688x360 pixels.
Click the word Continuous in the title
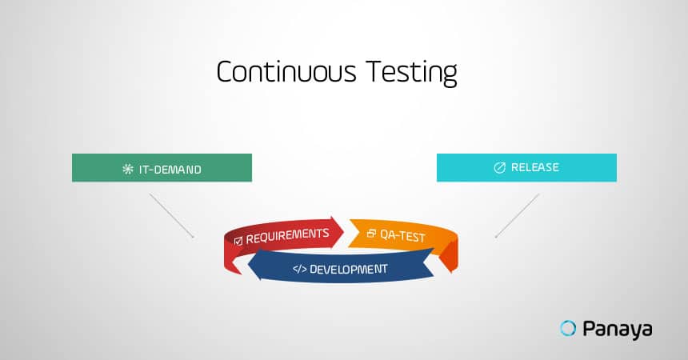pyautogui.click(x=286, y=71)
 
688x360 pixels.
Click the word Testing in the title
pyautogui.click(x=411, y=73)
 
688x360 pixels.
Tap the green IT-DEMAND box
pyautogui.click(x=162, y=168)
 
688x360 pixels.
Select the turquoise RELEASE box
pyautogui.click(x=526, y=167)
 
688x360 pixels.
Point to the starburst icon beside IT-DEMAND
pyautogui.click(x=128, y=169)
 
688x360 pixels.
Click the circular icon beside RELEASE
pyautogui.click(x=499, y=168)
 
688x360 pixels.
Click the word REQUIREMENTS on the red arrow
pyautogui.click(x=287, y=236)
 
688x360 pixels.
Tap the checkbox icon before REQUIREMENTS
pyautogui.click(x=238, y=241)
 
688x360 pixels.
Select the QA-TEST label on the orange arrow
pyautogui.click(x=402, y=236)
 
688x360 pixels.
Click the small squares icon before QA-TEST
pyautogui.click(x=371, y=233)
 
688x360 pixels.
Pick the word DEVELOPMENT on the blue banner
pyautogui.click(x=348, y=269)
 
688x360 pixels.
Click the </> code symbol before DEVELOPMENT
pyautogui.click(x=300, y=269)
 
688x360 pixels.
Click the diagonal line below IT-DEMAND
pyautogui.click(x=171, y=215)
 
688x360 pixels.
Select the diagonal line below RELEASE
pyautogui.click(x=517, y=215)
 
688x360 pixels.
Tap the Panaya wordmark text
pyautogui.click(x=618, y=330)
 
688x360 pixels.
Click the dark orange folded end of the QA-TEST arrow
pyautogui.click(x=449, y=257)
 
